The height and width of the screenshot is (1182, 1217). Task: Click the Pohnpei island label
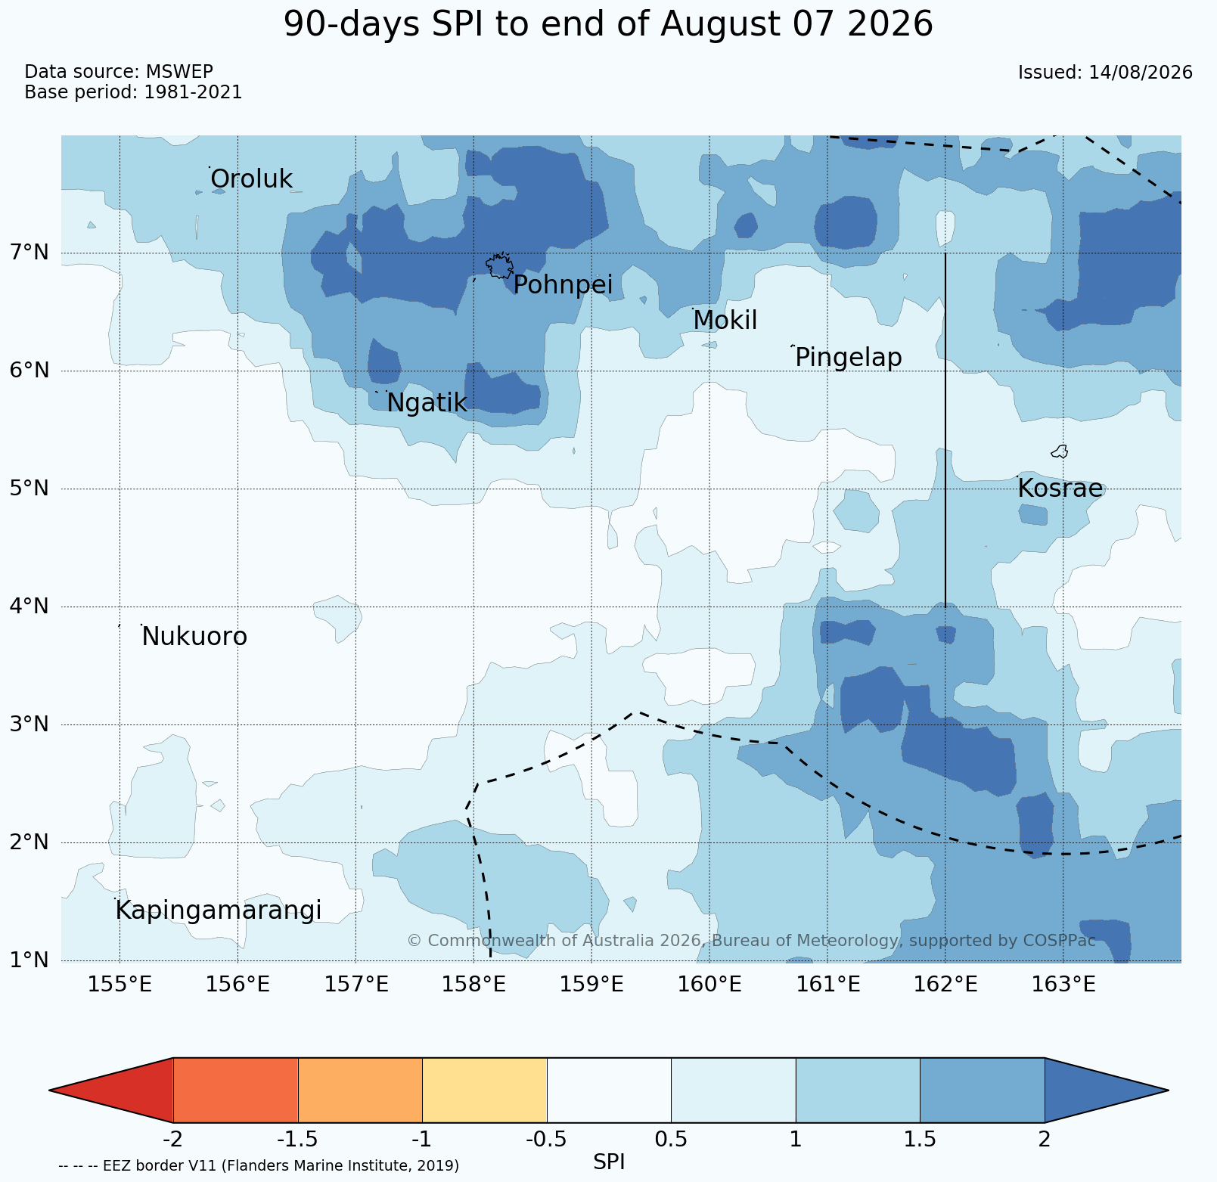563,285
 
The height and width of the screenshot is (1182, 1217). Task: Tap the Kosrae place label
1060,489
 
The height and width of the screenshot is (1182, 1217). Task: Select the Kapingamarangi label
219,911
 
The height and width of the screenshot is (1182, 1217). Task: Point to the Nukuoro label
194,637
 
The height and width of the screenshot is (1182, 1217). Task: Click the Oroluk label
251,179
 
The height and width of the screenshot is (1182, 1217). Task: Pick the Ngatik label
427,403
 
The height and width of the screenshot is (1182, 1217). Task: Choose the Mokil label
725,321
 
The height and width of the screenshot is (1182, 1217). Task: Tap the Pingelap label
849,357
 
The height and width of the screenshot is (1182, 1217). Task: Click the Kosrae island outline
1060,451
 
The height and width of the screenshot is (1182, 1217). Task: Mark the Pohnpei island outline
499,266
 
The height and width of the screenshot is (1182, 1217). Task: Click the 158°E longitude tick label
473,985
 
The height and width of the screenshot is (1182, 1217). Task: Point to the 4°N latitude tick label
29,606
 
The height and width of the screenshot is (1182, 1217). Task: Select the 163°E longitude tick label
1063,985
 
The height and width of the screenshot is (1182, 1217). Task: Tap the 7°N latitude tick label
29,252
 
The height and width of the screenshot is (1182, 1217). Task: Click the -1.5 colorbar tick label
298,1139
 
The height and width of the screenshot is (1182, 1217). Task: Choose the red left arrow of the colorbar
112,1090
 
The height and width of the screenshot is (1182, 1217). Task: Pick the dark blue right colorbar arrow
1107,1090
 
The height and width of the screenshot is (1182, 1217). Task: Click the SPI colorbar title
609,1162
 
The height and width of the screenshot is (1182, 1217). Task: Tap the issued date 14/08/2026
1141,73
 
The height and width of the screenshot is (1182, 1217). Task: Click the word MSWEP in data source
179,72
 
